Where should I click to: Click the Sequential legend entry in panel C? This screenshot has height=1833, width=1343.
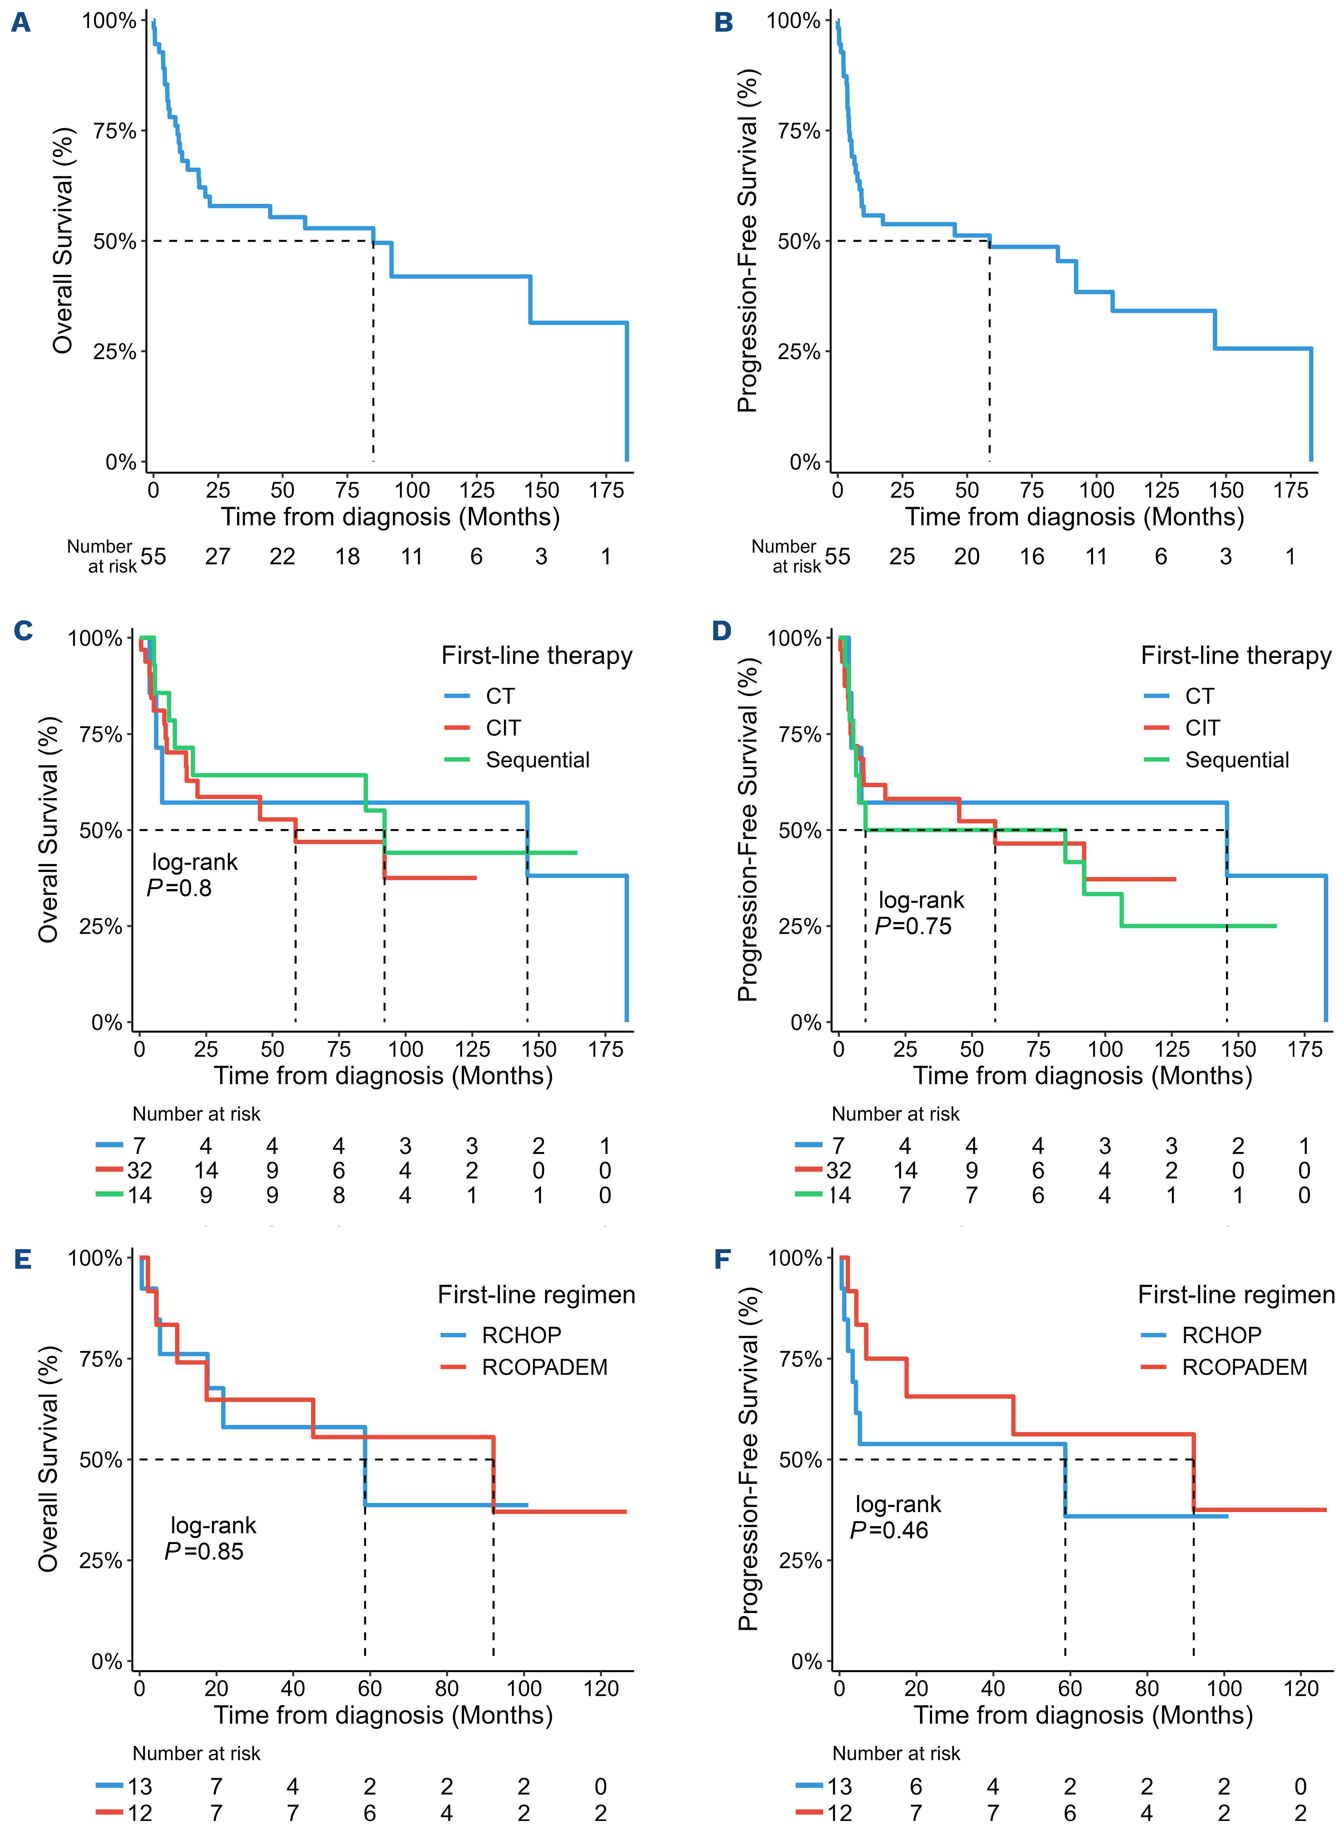tap(537, 760)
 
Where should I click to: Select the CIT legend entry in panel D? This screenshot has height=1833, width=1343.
tap(1202, 728)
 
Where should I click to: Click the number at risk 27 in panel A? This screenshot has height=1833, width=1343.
tap(218, 557)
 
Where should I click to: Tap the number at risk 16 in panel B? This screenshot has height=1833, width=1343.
tap(1032, 557)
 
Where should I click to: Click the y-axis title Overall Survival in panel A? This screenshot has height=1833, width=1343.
tap(63, 241)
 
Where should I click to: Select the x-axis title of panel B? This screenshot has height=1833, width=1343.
tap(1075, 517)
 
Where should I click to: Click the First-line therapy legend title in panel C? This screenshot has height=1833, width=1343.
tap(536, 656)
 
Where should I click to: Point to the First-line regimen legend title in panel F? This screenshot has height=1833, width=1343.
tap(1236, 1295)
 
